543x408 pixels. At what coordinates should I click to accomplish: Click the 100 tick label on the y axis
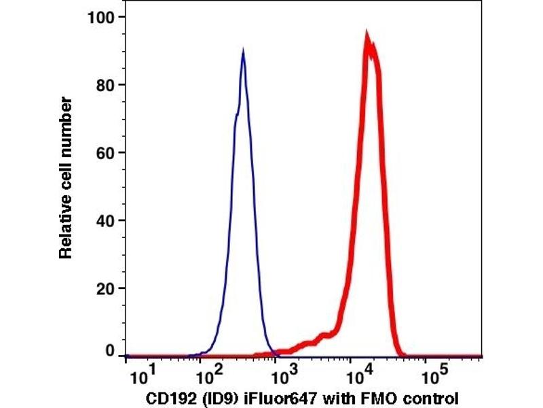(x=102, y=16)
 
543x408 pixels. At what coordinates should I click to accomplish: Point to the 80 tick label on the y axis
(x=106, y=84)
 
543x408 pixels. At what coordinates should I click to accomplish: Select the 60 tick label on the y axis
(x=106, y=152)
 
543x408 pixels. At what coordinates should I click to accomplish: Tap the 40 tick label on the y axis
(x=106, y=220)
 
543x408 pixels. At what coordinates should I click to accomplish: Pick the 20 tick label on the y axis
(x=106, y=288)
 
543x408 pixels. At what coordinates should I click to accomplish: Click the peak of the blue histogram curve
(x=242, y=52)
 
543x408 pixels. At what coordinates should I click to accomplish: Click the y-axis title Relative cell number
(x=66, y=177)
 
